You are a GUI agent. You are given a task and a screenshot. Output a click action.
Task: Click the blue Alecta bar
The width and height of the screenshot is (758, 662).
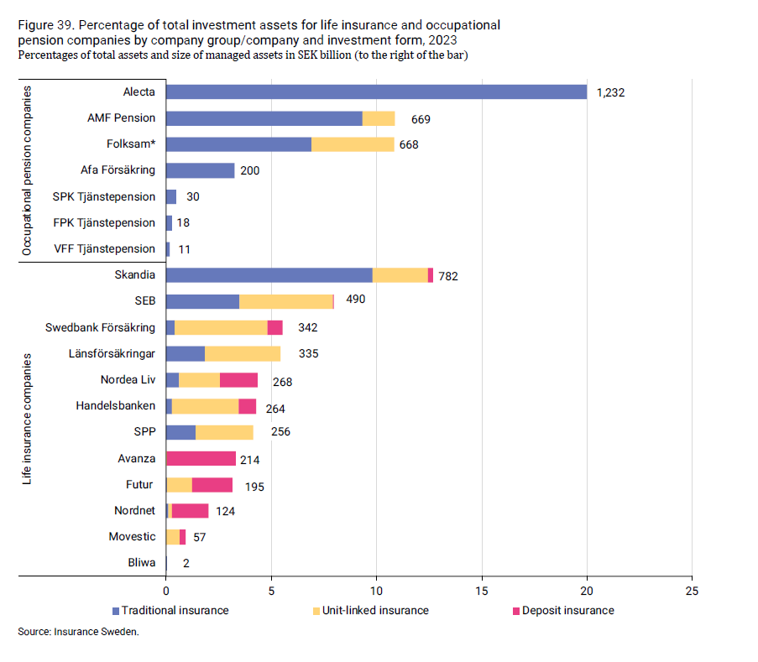(376, 92)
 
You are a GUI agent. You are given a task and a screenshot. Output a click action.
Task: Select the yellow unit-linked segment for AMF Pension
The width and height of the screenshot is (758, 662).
(379, 118)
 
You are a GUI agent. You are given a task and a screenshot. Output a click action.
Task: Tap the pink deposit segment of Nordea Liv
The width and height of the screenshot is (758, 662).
(238, 380)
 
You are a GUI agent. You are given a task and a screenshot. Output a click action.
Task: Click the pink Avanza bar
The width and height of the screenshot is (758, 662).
(201, 458)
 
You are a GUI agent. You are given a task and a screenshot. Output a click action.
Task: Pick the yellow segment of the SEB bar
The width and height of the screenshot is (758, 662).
(286, 301)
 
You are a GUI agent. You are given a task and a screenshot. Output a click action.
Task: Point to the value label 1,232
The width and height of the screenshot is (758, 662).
(610, 93)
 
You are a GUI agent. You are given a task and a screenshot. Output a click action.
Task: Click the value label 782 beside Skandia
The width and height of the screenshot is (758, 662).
(447, 275)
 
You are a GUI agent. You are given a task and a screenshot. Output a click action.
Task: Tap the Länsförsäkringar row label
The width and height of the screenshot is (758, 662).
(112, 354)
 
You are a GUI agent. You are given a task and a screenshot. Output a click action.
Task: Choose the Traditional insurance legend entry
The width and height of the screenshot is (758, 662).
(170, 610)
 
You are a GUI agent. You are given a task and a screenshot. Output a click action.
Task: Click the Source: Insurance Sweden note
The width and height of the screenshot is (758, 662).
(78, 632)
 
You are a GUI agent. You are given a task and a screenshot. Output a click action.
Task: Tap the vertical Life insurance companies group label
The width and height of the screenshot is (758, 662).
(27, 419)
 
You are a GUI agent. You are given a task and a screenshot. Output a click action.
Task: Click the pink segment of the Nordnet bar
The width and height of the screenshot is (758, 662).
(190, 511)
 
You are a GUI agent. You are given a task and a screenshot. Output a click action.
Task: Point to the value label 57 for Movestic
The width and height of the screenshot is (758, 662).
(201, 537)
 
